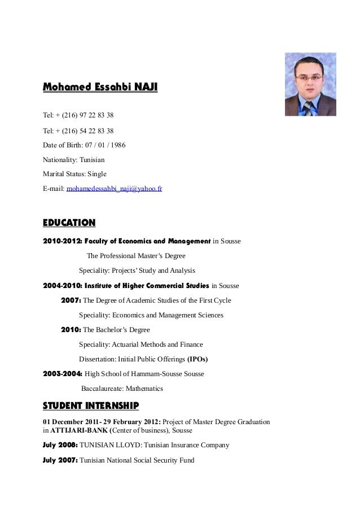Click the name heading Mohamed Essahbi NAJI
tap(100, 88)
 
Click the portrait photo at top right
tap(310, 84)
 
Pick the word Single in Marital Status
tap(95, 174)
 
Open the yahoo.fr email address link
tap(115, 189)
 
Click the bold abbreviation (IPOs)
tap(201, 359)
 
